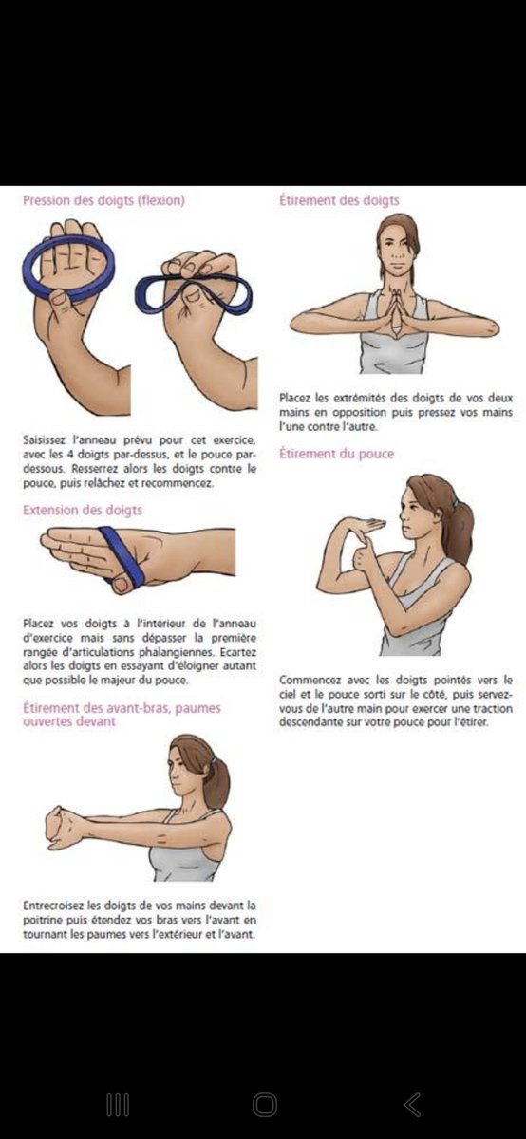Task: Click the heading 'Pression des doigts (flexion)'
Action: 103,200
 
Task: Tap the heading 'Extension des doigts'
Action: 83,510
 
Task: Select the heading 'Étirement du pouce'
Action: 337,454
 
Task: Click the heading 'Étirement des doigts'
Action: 339,200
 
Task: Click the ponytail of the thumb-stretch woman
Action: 460,529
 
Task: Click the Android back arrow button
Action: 413,1105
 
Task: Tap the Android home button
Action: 265,1105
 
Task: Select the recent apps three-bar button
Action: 118,1105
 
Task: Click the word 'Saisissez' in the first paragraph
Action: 44,439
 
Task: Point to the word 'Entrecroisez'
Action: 53,906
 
